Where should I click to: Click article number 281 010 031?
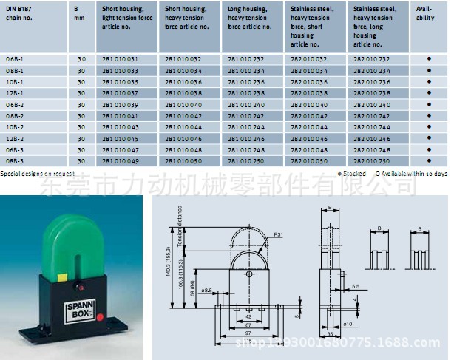pos(120,58)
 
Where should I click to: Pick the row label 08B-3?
pos(16,160)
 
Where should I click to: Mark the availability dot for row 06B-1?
pos(428,58)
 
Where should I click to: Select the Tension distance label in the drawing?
pos(179,225)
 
